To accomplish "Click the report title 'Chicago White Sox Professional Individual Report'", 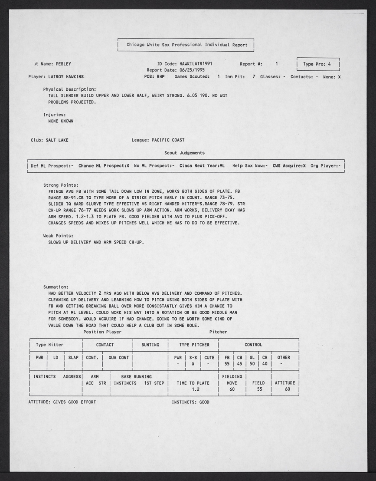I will tap(186, 45).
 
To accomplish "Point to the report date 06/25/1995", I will tap(191, 70).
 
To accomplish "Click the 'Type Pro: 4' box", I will tap(317, 64).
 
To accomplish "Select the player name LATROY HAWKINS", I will tap(65, 76).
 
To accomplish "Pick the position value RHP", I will tap(160, 76).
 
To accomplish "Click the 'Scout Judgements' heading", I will tap(184, 153).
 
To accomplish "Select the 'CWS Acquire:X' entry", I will tap(289, 166).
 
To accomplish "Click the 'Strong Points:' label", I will tap(61, 185).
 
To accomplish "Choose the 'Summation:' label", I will tap(56, 287).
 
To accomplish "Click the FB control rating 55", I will tap(227, 364).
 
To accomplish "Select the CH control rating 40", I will tap(265, 364).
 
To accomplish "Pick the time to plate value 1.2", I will tap(195, 389).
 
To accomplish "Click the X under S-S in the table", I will tap(193, 364).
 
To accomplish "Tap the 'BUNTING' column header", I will tap(150, 345).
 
